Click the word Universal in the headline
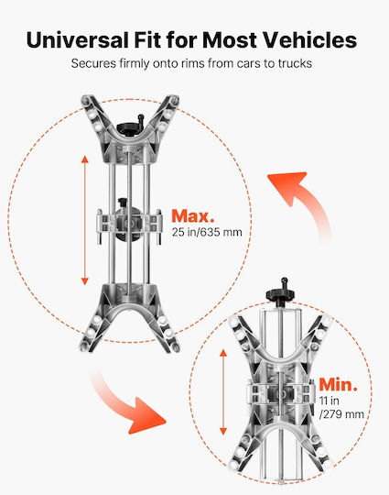pyautogui.click(x=78, y=40)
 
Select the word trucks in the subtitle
pyautogui.click(x=295, y=63)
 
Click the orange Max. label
pyautogui.click(x=192, y=216)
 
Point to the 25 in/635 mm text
pyautogui.click(x=207, y=232)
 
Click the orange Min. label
pyautogui.click(x=339, y=384)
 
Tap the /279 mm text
pyautogui.click(x=341, y=413)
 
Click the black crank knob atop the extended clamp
pyautogui.click(x=131, y=126)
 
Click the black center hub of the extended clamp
pyautogui.click(x=129, y=224)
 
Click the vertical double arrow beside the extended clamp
pyautogui.click(x=85, y=220)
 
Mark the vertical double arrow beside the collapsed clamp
pyautogui.click(x=223, y=391)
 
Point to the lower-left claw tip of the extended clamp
pyautogui.click(x=84, y=346)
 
